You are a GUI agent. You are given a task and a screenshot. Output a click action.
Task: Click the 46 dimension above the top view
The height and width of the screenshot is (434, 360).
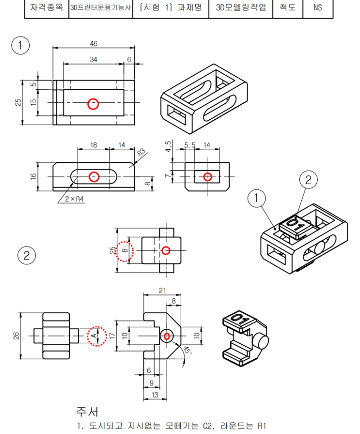[94, 44]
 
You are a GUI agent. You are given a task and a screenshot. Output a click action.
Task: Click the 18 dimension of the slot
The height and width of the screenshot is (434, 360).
[94, 145]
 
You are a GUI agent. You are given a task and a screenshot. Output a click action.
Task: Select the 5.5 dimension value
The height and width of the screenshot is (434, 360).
[189, 145]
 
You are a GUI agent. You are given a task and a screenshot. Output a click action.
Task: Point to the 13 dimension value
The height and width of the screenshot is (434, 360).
[155, 395]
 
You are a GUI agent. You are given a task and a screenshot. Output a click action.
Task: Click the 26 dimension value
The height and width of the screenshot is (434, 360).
[16, 336]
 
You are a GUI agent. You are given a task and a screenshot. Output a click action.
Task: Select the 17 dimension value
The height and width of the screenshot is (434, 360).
[112, 336]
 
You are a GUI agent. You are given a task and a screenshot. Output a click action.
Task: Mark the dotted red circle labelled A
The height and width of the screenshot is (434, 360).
[95, 336]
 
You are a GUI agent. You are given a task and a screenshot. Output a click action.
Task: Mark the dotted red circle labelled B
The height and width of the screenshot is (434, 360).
[125, 250]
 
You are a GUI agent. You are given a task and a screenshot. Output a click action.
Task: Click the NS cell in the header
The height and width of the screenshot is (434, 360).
[317, 8]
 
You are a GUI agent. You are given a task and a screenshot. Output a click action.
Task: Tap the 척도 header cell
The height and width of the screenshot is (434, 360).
[288, 8]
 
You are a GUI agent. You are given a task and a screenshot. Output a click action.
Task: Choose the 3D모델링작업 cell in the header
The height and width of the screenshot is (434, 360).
[241, 8]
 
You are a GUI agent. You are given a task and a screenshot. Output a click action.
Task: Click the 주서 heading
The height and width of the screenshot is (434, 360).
[87, 412]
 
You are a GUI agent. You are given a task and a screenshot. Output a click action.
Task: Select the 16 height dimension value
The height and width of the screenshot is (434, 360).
[33, 177]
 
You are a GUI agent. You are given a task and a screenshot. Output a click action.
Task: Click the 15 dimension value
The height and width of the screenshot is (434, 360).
[33, 103]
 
